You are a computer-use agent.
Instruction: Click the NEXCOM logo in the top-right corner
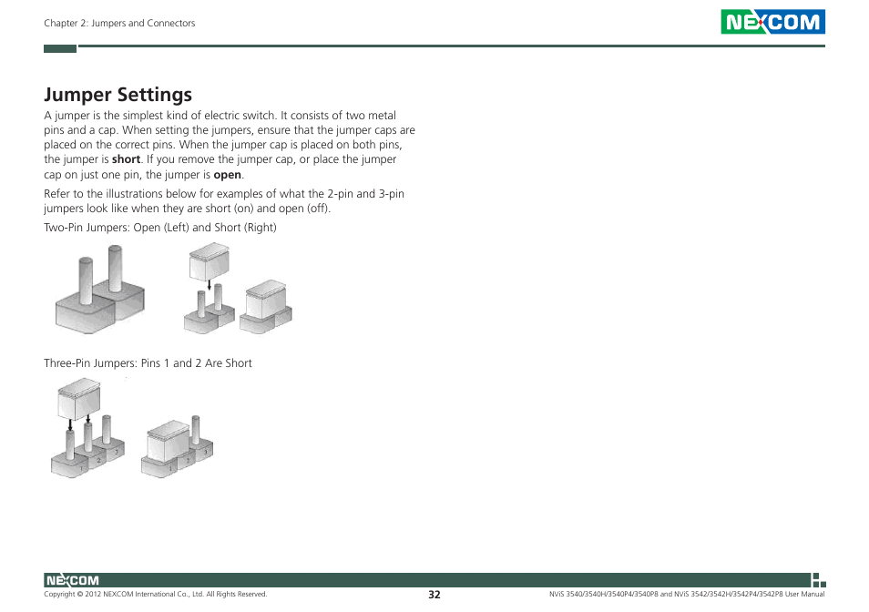(772, 22)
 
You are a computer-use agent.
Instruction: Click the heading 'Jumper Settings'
(118, 94)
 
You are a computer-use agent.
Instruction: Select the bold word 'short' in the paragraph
(126, 159)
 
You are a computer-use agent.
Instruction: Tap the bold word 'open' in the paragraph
(228, 175)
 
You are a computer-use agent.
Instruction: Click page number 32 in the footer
(434, 594)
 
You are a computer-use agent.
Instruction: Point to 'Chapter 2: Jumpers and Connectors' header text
(119, 23)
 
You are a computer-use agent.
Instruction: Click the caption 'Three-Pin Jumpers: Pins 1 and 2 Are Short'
(148, 363)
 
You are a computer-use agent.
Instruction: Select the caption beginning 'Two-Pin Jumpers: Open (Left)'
(160, 228)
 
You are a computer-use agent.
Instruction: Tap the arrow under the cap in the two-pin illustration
(209, 286)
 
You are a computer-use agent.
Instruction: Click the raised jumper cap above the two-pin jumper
(209, 263)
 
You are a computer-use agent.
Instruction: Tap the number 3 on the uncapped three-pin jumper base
(115, 452)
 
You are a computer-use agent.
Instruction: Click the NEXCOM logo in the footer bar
(72, 580)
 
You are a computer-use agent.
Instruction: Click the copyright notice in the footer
(156, 594)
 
